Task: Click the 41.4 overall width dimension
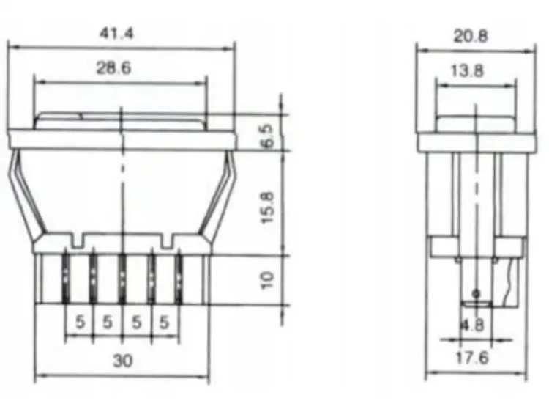click(x=121, y=33)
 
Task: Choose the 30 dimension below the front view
click(x=122, y=361)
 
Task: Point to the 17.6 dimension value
click(x=474, y=359)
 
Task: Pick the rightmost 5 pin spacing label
click(x=165, y=322)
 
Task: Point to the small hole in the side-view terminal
click(x=477, y=294)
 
